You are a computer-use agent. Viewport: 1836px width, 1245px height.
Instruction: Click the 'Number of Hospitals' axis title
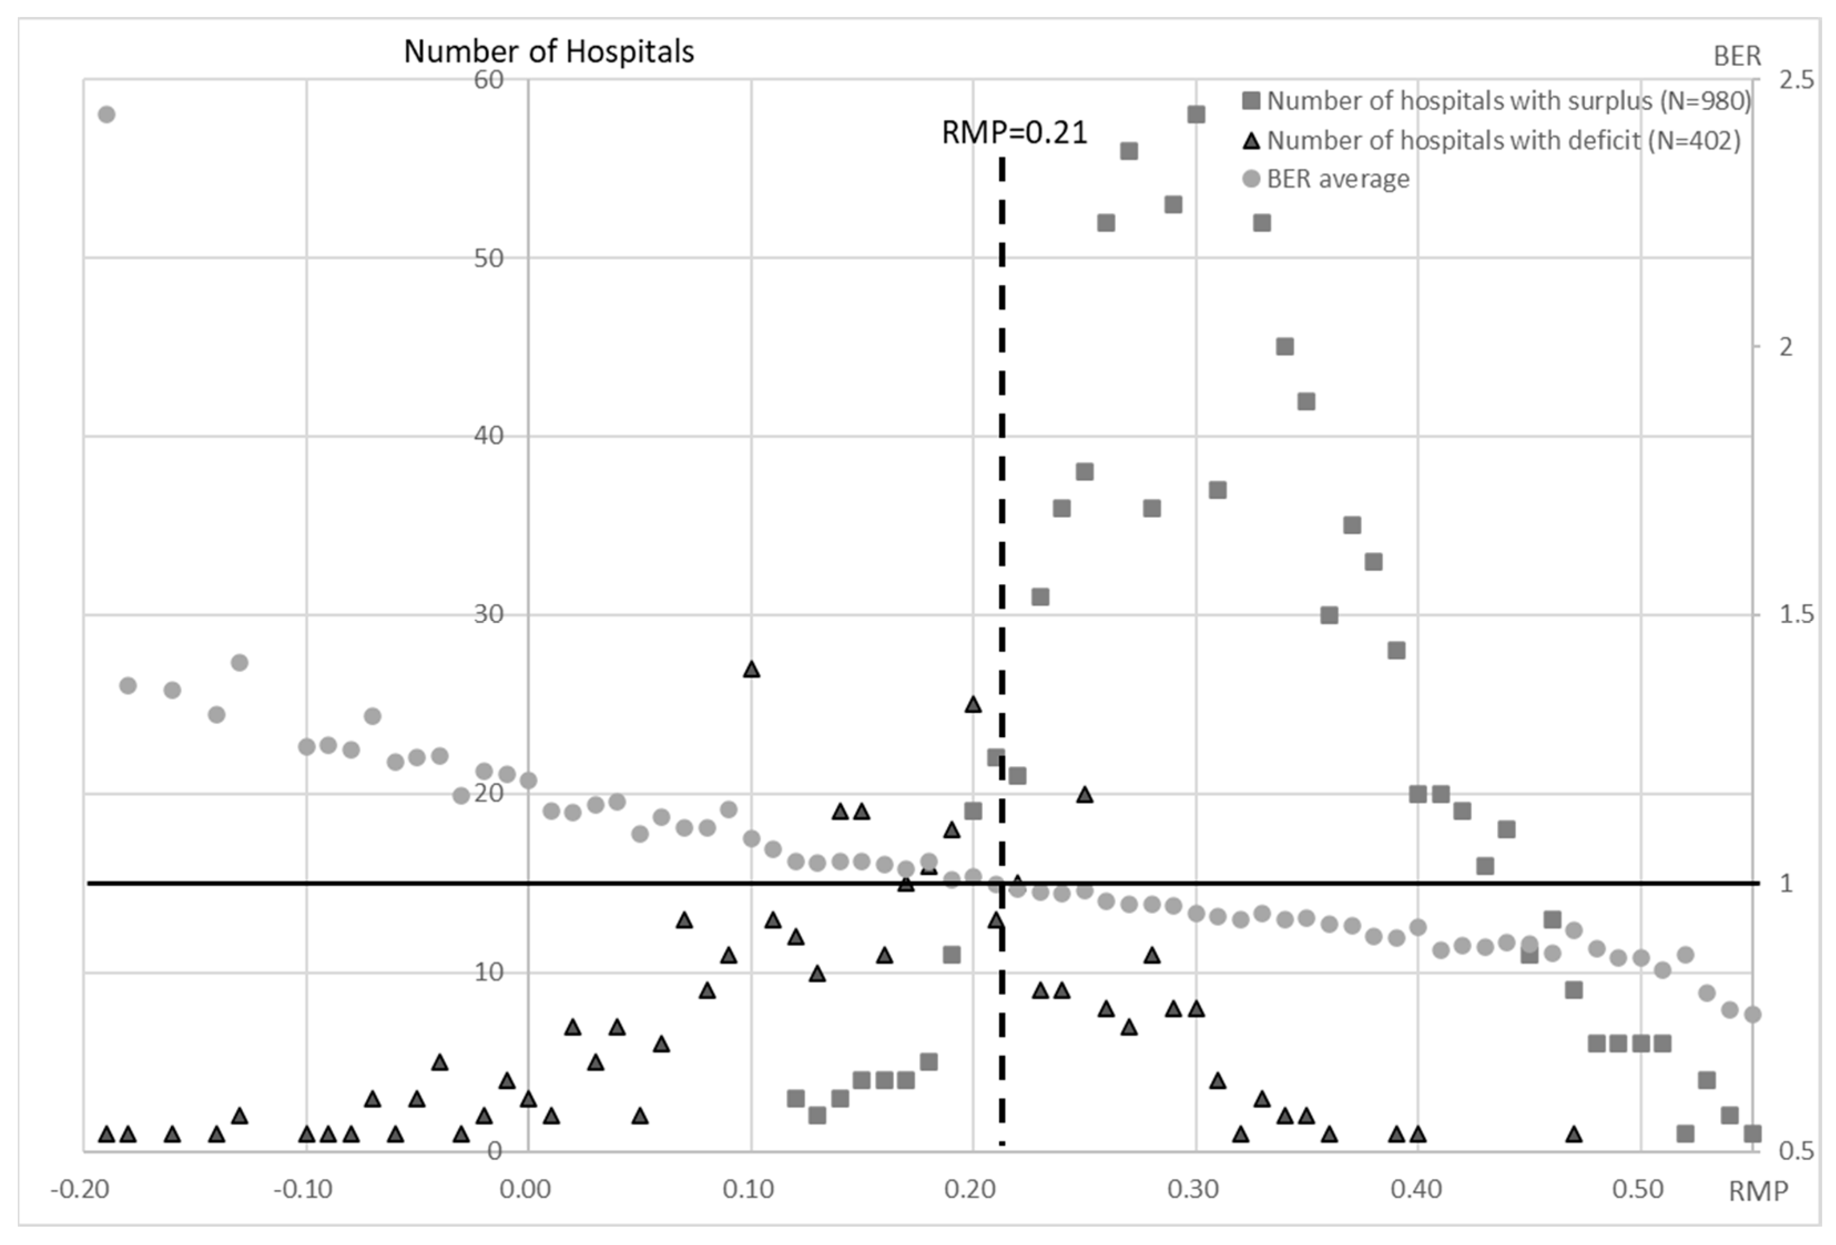pyautogui.click(x=548, y=52)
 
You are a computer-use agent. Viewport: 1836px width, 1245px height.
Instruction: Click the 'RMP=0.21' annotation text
pyautogui.click(x=1014, y=132)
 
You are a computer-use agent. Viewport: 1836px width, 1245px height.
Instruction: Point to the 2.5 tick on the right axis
pyautogui.click(x=1796, y=80)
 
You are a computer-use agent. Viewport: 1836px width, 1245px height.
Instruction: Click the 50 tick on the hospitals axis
pyautogui.click(x=488, y=258)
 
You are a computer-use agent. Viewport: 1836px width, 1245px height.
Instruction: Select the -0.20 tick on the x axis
pyautogui.click(x=79, y=1189)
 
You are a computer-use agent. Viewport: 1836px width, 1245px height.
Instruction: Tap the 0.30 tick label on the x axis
pyautogui.click(x=1193, y=1189)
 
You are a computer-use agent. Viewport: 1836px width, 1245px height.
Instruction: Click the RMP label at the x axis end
pyautogui.click(x=1757, y=1191)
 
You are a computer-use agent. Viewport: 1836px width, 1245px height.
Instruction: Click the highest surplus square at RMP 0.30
pyautogui.click(x=1196, y=115)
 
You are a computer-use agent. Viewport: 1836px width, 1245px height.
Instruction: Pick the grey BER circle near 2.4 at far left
pyautogui.click(x=106, y=115)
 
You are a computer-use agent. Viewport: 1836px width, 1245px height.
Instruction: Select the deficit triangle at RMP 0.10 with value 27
pyautogui.click(x=751, y=669)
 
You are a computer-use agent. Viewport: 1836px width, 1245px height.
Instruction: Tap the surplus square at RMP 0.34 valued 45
pyautogui.click(x=1285, y=347)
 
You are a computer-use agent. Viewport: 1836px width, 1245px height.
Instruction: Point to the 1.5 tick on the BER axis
pyautogui.click(x=1796, y=615)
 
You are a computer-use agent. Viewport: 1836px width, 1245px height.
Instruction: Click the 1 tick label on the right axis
pyautogui.click(x=1786, y=883)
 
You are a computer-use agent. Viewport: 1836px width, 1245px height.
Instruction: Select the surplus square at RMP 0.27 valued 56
pyautogui.click(x=1129, y=151)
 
